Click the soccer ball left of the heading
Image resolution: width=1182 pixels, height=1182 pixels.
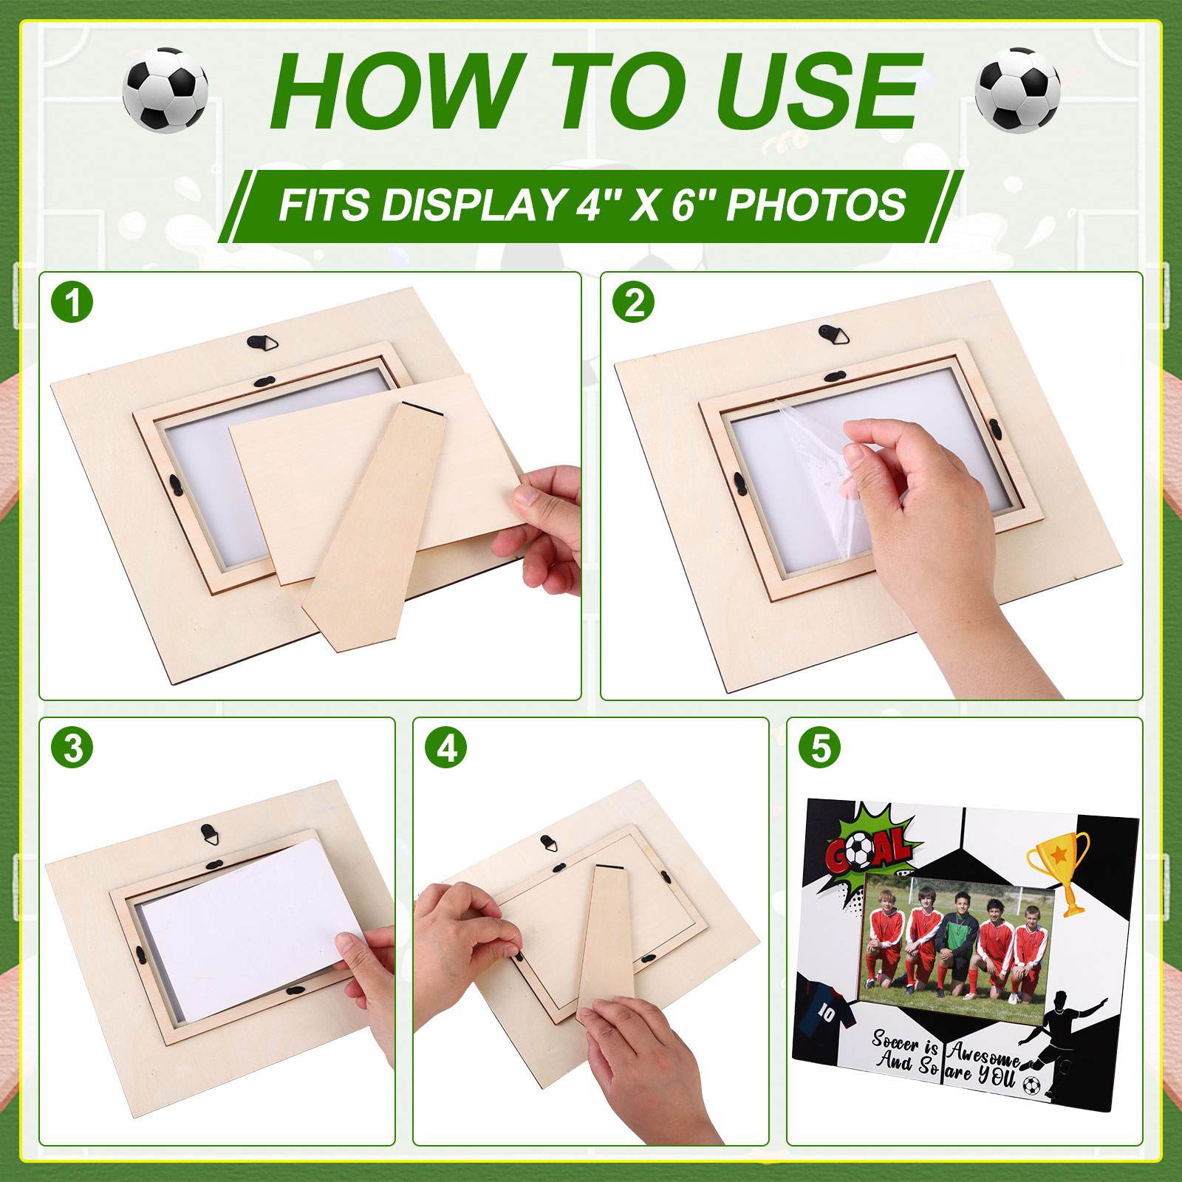click(165, 89)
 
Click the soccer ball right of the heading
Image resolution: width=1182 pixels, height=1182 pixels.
click(1017, 89)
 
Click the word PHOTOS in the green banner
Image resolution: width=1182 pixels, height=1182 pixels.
click(816, 205)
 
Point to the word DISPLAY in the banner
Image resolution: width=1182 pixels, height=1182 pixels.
click(473, 205)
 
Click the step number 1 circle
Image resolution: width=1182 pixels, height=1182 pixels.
click(72, 302)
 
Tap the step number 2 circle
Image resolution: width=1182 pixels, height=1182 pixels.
click(634, 302)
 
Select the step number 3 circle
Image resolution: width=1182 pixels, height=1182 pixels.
click(72, 748)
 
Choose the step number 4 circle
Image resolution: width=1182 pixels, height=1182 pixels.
click(446, 748)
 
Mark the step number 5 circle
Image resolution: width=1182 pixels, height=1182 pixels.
click(820, 748)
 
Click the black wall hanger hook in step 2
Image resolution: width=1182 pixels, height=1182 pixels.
click(834, 334)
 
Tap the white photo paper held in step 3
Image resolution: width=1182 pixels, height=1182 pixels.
click(252, 930)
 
